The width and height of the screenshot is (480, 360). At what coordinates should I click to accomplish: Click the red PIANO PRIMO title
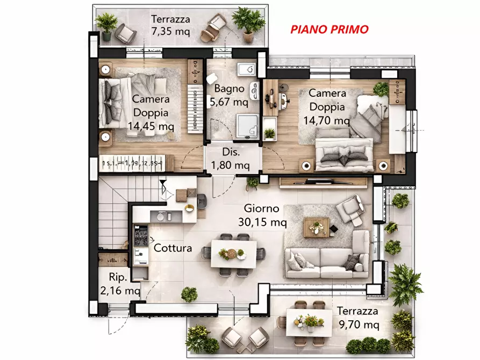tap(329, 29)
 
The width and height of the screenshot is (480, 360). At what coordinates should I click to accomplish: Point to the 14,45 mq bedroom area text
tap(151, 126)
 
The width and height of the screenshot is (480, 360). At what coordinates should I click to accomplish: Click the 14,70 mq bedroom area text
tap(327, 120)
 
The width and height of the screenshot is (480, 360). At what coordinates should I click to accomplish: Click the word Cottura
tap(173, 248)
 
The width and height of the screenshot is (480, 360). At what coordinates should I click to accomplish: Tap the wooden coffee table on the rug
tap(316, 227)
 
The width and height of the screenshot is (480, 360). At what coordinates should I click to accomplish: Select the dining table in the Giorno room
tap(234, 254)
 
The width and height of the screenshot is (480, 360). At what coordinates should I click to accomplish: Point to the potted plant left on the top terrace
tap(106, 25)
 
